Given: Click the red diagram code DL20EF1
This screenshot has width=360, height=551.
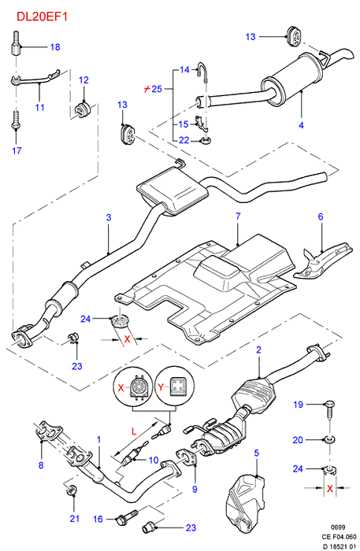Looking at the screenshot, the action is (x=43, y=17).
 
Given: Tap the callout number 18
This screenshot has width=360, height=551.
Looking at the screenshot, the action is (x=55, y=47).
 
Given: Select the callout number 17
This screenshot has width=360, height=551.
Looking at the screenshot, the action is (x=17, y=151).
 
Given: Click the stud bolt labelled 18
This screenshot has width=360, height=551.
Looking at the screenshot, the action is (x=16, y=43).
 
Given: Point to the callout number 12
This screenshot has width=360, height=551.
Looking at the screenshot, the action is (x=84, y=80).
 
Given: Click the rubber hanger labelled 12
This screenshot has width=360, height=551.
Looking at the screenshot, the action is (x=82, y=109).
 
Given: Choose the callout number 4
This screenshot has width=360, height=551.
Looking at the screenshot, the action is (x=301, y=125).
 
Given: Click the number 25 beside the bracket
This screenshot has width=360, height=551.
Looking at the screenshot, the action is (x=157, y=88).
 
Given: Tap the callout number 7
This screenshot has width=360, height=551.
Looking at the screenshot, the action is (x=238, y=216).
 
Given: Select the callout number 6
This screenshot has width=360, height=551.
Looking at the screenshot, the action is (x=321, y=216).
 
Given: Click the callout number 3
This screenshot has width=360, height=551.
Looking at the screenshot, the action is (x=109, y=217).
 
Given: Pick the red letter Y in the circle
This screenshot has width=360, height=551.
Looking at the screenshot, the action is (x=161, y=387).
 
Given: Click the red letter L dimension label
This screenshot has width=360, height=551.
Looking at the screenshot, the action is (x=134, y=431).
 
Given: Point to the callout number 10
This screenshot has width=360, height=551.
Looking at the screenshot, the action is (x=154, y=460).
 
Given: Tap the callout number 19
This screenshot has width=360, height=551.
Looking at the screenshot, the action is (x=298, y=405).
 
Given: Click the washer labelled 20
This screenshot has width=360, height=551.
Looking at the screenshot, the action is (x=330, y=439).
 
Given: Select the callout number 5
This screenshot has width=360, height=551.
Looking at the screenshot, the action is (x=256, y=453).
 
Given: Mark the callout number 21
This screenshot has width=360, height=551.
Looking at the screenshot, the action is (x=75, y=518).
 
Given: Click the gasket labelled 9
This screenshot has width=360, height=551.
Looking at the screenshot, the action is (x=186, y=459).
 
